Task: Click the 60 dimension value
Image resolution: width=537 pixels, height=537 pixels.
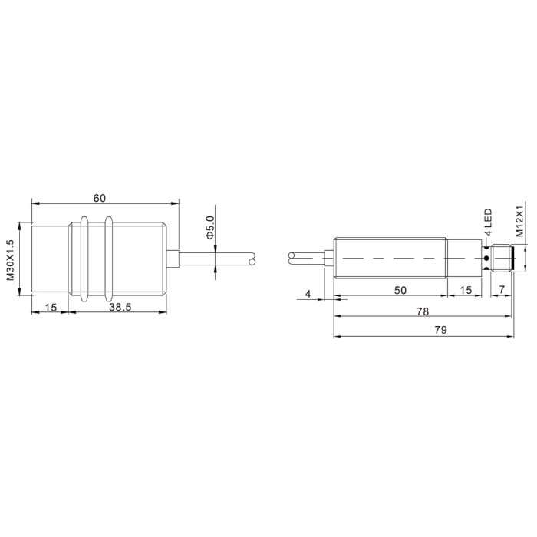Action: pos(100,198)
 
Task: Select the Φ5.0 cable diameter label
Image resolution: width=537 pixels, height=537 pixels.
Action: pos(209,227)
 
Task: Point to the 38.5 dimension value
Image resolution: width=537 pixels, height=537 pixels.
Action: pos(120,307)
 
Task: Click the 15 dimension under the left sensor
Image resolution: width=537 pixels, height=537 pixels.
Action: pos(51,307)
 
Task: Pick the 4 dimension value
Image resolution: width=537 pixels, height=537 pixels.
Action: pos(308,294)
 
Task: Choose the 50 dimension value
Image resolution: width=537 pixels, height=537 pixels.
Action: pos(400,291)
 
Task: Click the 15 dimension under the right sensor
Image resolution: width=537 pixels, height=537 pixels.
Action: pos(466,291)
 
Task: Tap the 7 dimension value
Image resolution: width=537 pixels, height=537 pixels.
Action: pos(502,290)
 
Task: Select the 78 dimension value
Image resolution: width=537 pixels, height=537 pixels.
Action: pos(423,311)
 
